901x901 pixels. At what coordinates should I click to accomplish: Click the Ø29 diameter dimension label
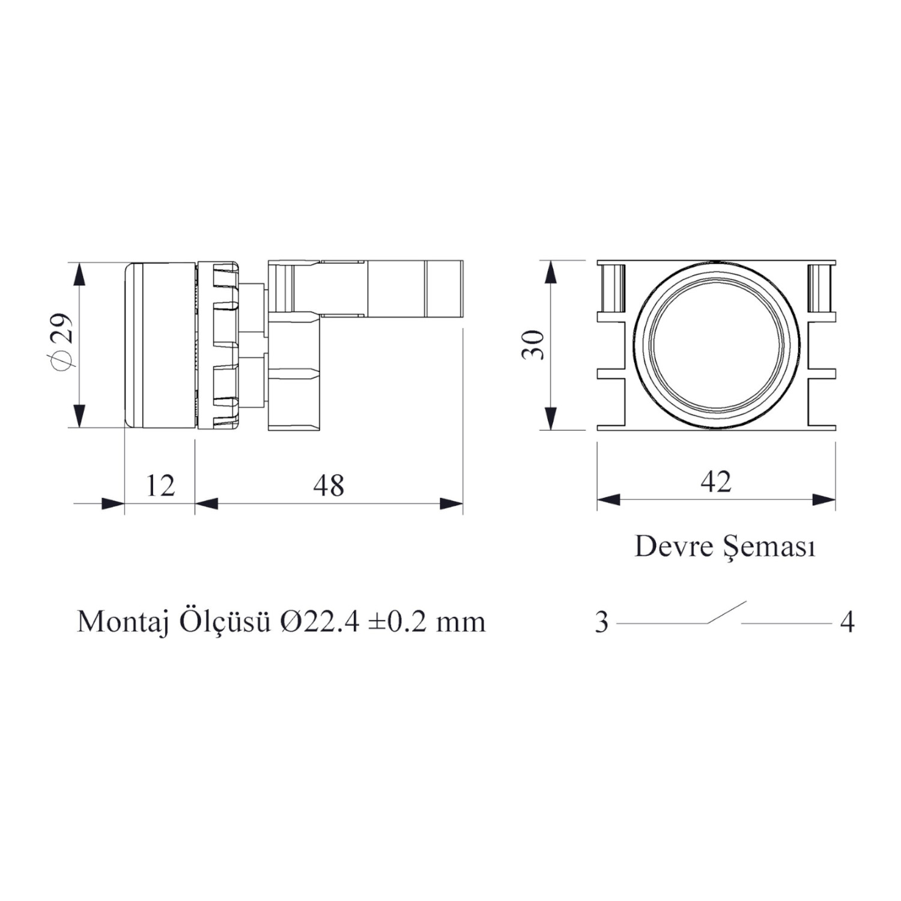point(64,342)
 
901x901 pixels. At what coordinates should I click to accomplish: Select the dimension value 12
point(160,485)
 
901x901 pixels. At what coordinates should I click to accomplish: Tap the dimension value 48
point(329,485)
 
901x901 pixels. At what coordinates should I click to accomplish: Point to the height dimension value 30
point(533,345)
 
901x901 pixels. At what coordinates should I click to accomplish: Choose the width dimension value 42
point(716,482)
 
